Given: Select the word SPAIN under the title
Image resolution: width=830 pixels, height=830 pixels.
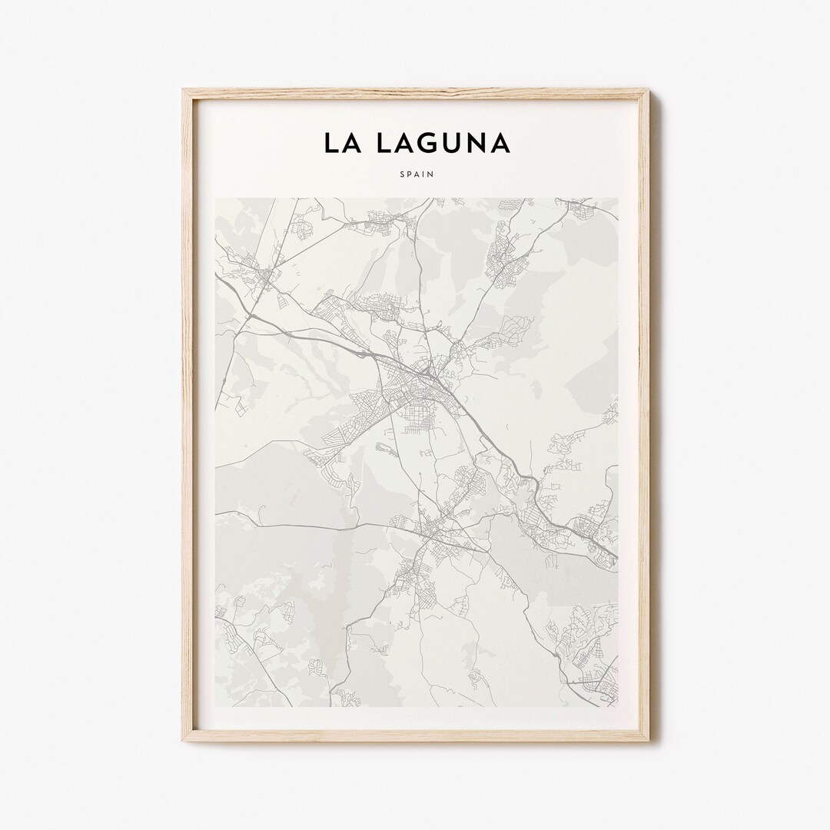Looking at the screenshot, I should click(416, 174).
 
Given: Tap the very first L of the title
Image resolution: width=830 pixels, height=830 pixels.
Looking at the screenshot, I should click(330, 143).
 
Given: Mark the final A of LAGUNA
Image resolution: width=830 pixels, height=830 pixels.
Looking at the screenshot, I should click(498, 143).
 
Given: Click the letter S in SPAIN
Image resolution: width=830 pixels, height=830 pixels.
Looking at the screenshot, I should click(400, 174).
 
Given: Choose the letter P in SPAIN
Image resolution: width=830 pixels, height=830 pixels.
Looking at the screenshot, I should click(408, 174).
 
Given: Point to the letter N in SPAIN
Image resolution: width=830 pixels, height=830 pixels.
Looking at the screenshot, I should click(431, 174).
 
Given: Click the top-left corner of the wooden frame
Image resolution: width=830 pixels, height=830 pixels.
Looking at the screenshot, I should click(184, 91).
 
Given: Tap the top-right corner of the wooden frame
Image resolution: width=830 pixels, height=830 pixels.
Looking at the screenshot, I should click(647, 91).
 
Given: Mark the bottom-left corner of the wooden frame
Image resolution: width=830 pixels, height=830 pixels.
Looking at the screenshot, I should click(184, 740).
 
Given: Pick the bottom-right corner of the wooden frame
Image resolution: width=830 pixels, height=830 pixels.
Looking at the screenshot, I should click(647, 740).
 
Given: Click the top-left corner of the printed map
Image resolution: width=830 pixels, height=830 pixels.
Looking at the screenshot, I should click(216, 198).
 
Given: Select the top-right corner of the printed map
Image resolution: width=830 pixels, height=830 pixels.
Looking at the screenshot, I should click(617, 198).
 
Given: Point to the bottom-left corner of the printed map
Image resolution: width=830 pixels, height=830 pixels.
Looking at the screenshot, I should click(216, 707).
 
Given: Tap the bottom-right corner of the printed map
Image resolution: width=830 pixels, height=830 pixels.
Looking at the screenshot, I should click(617, 707).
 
